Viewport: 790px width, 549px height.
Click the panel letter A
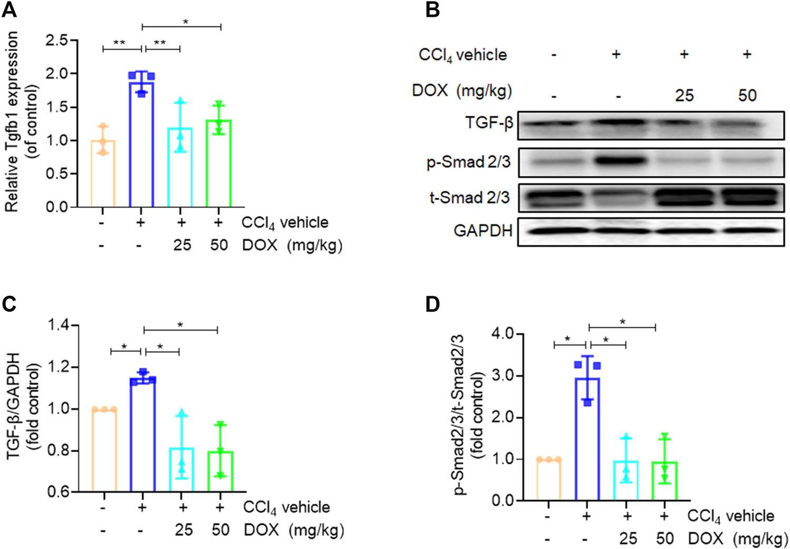click(x=9, y=9)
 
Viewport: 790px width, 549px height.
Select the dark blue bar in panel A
click(x=141, y=145)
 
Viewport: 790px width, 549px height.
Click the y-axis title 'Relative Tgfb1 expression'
click(x=12, y=121)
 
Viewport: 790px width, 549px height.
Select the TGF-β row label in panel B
click(x=488, y=123)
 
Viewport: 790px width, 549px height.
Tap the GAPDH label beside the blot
click(x=482, y=231)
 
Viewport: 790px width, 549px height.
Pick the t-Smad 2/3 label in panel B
click(x=470, y=197)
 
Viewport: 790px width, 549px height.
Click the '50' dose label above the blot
click(x=747, y=95)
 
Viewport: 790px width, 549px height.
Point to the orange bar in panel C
click(x=104, y=450)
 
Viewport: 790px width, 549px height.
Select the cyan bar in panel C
click(x=182, y=470)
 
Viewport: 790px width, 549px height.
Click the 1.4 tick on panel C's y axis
click(x=59, y=325)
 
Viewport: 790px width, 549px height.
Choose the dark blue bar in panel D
click(x=587, y=439)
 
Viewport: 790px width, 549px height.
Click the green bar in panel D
click(x=665, y=481)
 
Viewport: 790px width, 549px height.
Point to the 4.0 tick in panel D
click(x=503, y=334)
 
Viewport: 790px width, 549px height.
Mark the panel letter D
click(x=432, y=304)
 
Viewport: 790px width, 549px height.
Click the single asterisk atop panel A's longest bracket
click(x=185, y=22)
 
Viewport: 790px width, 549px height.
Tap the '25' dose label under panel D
click(x=627, y=538)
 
